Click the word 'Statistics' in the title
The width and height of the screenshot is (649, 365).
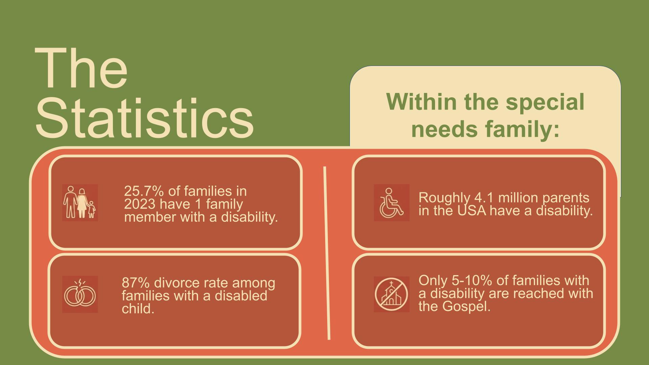[x=144, y=118]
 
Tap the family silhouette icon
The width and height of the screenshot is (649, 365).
[x=80, y=202]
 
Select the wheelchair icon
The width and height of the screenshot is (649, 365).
[x=391, y=202]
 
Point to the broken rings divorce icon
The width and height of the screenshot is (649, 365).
[x=80, y=294]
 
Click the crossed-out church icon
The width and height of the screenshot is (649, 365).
[x=391, y=294]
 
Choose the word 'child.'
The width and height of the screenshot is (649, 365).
[x=138, y=309]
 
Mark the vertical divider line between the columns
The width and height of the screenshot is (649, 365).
[x=327, y=253]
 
